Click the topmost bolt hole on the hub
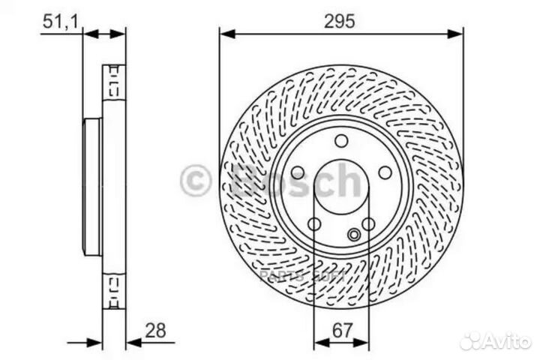pos(341,140)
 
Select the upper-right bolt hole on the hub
pos(385,172)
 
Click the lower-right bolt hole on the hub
pos(367,223)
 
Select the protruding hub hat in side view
pos(91,187)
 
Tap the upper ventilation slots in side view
pos(114,81)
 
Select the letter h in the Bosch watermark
pos(349,180)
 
